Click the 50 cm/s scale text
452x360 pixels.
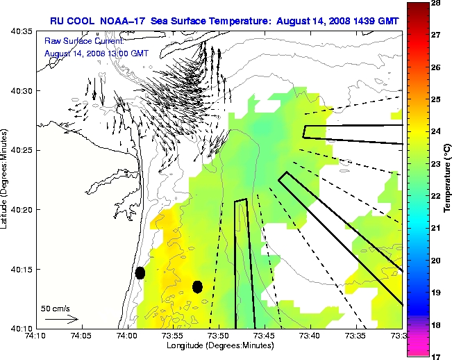55,308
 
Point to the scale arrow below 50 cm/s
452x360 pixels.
62,319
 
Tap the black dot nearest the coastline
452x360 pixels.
140,272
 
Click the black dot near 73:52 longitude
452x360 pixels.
197,286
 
